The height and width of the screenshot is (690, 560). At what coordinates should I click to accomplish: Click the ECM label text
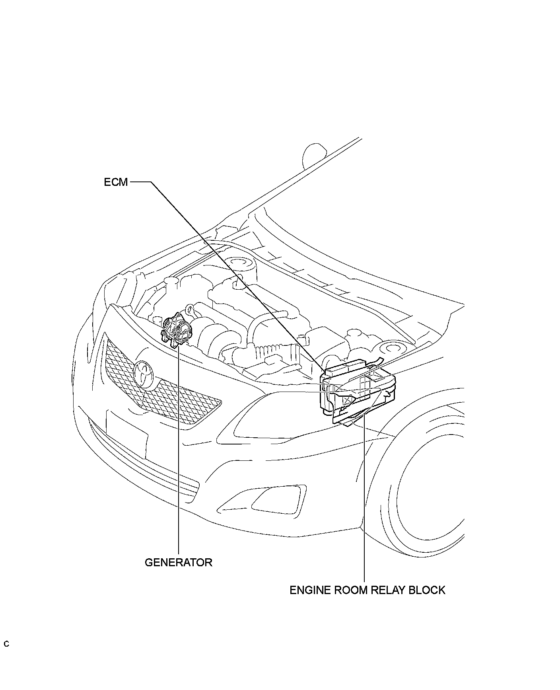coord(116,182)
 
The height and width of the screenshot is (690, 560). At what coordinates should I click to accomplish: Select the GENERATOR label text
coord(178,562)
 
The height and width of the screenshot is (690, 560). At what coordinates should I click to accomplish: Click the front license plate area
coord(126,435)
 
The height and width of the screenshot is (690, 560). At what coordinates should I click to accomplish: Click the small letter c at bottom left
coord(6,644)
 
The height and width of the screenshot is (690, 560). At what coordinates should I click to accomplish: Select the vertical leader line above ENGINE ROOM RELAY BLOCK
coord(364,497)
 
